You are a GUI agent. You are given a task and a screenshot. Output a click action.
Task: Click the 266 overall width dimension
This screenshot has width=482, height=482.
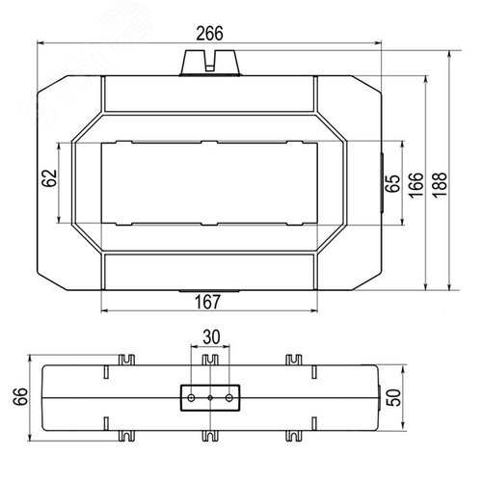209,33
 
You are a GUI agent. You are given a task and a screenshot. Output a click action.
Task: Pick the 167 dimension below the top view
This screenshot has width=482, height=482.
209,302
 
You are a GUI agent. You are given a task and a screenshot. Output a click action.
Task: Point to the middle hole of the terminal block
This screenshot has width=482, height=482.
209,396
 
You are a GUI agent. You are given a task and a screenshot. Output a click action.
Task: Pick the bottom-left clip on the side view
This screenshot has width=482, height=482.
124,433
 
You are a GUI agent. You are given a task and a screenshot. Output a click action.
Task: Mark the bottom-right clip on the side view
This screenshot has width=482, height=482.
291,433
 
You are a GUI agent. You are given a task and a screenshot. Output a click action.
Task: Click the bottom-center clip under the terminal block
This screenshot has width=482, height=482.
209,433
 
